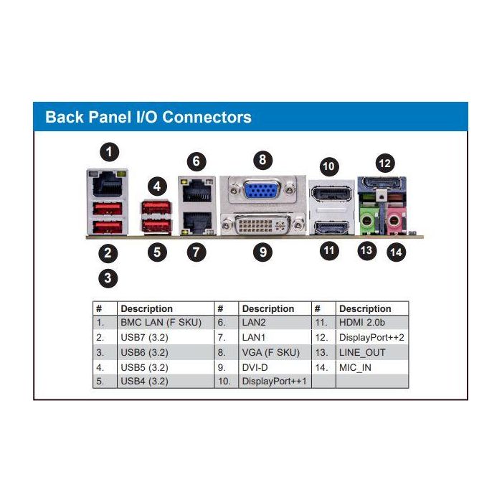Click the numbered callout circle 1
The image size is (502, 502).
pyautogui.click(x=109, y=151)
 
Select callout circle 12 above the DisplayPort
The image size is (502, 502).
pyautogui.click(x=385, y=163)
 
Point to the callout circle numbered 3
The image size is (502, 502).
pyautogui.click(x=108, y=279)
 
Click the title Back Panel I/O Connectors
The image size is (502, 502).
pyautogui.click(x=148, y=117)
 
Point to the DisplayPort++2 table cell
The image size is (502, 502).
pyautogui.click(x=372, y=337)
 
